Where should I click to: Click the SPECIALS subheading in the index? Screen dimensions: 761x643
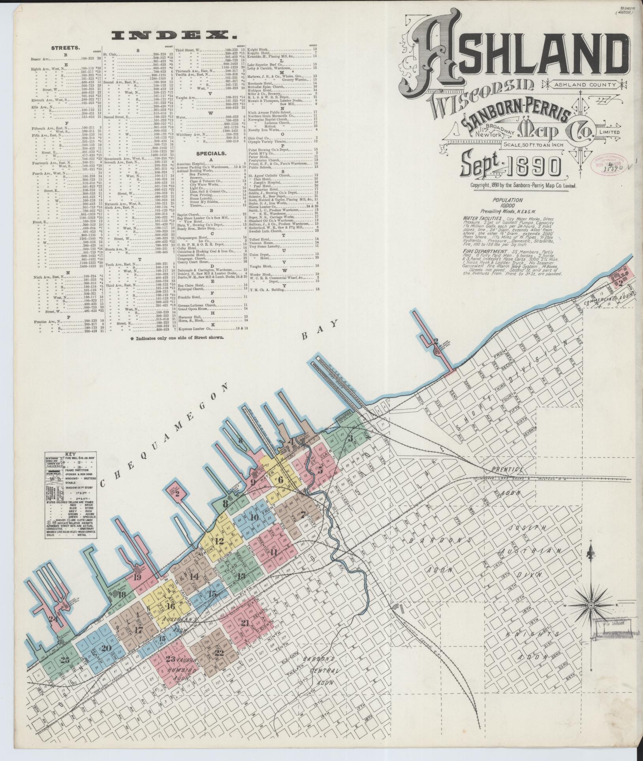212,152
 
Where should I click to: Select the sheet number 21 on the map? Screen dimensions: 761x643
245,623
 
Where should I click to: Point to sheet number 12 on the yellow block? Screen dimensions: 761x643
220,541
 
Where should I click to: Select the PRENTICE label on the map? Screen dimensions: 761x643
508,469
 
